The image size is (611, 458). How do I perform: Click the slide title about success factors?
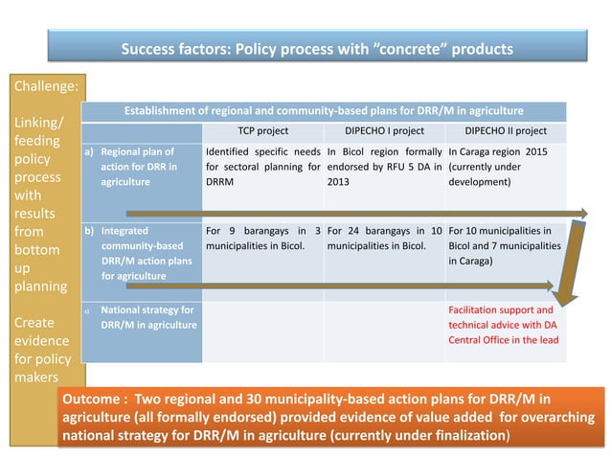[316, 48]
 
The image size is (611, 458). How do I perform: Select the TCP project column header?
[262, 131]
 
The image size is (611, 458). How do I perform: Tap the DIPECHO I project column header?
[384, 131]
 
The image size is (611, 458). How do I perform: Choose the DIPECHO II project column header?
[506, 131]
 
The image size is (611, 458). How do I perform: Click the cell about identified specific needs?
[262, 166]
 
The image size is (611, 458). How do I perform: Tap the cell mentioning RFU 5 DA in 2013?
[384, 166]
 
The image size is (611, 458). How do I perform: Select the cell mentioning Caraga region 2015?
[506, 166]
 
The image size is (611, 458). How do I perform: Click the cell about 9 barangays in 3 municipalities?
[262, 238]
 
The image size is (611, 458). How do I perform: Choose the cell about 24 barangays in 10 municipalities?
[384, 238]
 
